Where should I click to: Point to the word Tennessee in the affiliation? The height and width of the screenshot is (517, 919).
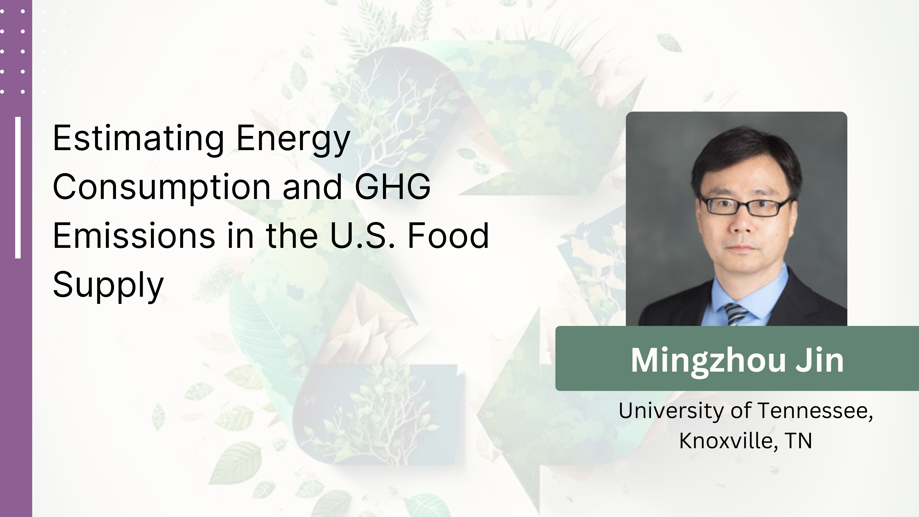[815, 411]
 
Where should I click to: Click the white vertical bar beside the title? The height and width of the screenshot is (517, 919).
[18, 187]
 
